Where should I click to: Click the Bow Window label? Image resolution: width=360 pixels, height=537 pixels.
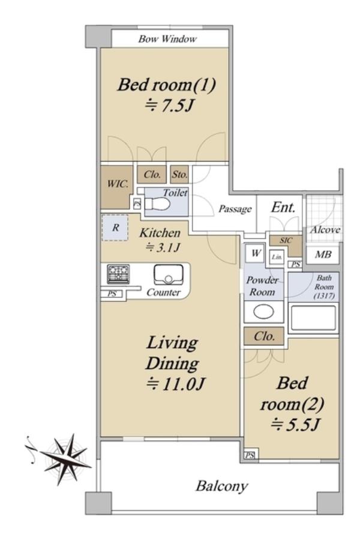pos(167,38)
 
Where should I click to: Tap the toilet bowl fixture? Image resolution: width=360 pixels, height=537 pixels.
pos(157,205)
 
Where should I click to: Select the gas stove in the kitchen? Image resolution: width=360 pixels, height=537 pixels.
pos(118,274)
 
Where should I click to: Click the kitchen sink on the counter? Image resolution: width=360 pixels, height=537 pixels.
pos(168,275)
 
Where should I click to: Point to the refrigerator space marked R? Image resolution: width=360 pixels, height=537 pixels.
pos(115,227)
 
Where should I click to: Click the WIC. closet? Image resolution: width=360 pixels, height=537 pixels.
pos(116,187)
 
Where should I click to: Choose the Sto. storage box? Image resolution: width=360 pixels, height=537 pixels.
pos(179,175)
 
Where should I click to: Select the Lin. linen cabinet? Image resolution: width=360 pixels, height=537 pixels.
pos(277,257)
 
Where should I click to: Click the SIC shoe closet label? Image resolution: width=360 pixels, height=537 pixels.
pos(286,241)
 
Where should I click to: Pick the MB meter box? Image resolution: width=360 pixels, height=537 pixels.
pos(323,255)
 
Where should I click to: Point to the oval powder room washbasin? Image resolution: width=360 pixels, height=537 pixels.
pos(263,311)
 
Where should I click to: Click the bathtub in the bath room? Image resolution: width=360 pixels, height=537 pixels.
pos(313,318)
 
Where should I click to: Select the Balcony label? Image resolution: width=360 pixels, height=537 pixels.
pos(221,486)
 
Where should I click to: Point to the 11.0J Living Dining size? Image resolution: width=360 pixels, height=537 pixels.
pos(175,384)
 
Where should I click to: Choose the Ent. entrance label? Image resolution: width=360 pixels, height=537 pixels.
pos(283,207)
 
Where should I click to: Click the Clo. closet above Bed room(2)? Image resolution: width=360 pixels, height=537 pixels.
pos(264,336)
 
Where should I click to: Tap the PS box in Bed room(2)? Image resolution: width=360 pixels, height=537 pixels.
pos(250,455)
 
